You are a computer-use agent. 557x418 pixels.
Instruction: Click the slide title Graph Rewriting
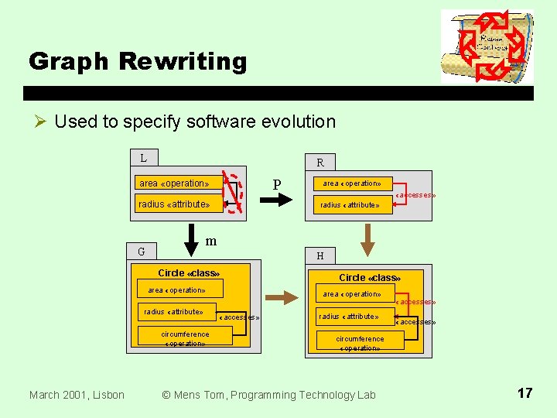point(138,61)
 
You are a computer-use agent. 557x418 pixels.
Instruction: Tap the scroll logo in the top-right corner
point(487,46)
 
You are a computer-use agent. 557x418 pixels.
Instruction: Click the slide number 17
point(525,393)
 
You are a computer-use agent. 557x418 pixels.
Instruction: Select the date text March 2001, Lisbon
point(77,395)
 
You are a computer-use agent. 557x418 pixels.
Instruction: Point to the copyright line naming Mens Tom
point(268,395)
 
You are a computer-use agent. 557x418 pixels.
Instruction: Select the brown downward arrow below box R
point(368,238)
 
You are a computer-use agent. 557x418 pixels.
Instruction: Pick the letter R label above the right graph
point(320,163)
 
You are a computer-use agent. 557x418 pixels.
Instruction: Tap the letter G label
point(141,251)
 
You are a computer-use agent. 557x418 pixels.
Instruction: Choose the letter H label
point(320,255)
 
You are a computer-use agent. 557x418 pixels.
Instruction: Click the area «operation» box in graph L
point(174,183)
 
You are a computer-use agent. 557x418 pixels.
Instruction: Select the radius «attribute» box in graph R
point(350,204)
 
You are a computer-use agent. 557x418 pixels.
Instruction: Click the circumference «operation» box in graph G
point(185,337)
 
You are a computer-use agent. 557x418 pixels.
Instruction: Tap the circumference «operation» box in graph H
point(360,343)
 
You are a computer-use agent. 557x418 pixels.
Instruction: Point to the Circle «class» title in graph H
point(368,277)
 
